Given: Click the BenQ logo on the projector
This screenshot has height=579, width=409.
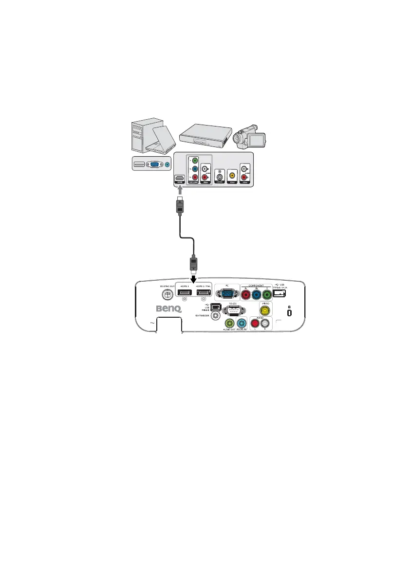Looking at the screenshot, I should click(167, 308).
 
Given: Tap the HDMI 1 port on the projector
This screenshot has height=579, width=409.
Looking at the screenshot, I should click(185, 293).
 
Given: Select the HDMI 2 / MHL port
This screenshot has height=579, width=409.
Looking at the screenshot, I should click(204, 293).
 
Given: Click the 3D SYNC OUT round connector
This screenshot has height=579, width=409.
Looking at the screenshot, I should click(167, 294).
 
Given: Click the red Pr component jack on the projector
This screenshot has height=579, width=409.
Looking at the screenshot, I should click(246, 295).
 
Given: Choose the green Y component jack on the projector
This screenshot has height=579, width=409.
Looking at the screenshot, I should click(267, 295).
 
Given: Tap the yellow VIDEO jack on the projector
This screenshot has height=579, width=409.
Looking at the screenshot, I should click(265, 309).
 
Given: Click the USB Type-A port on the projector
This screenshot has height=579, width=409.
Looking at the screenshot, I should click(281, 294).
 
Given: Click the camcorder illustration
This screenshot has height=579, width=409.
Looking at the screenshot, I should click(250, 138).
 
